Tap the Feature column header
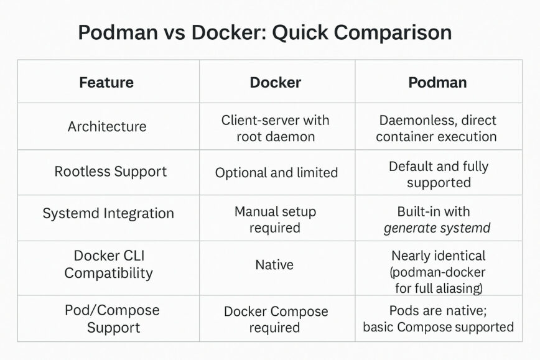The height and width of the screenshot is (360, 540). (x=106, y=82)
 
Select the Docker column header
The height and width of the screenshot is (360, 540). (x=275, y=82)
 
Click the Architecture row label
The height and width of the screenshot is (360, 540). (x=107, y=127)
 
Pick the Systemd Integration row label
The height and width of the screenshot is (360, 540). (x=108, y=213)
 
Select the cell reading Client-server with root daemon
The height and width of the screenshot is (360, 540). (x=275, y=128)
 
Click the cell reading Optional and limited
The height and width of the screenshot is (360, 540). (x=276, y=173)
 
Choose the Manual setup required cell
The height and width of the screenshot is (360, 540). (x=275, y=219)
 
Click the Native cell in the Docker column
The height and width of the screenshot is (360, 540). (x=274, y=265)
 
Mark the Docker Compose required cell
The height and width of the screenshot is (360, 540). (x=275, y=319)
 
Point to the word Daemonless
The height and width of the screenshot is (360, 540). (x=410, y=120)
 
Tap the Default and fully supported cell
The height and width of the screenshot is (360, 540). (x=439, y=174)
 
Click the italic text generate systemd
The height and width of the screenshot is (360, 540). (x=437, y=228)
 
